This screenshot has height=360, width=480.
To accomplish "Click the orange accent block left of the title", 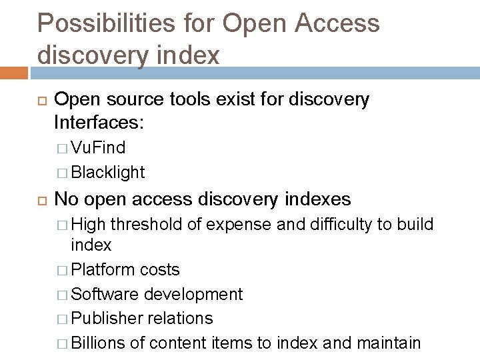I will [15, 70].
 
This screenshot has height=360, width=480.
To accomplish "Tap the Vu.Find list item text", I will [97, 147].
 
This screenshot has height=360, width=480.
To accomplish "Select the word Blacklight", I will [107, 172].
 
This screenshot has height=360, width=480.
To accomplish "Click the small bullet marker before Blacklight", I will [62, 173].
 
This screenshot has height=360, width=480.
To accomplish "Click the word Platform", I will [103, 269].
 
